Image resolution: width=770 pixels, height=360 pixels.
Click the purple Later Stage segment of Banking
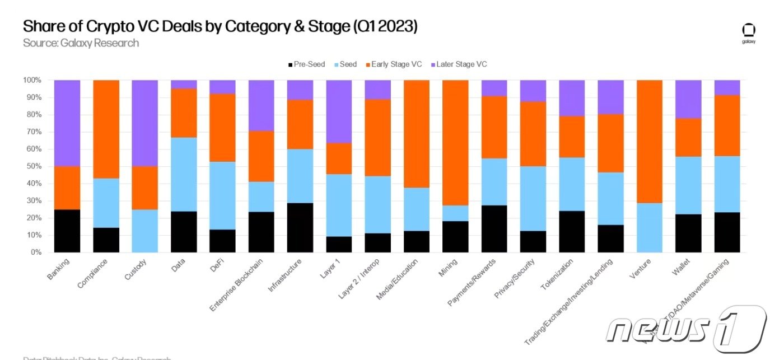(x=67, y=123)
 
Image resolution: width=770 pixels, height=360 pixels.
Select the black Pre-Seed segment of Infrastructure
(x=300, y=227)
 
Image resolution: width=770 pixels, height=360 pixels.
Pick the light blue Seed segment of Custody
(x=144, y=231)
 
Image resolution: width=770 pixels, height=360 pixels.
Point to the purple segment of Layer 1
(x=338, y=111)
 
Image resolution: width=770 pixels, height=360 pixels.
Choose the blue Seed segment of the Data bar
(x=183, y=174)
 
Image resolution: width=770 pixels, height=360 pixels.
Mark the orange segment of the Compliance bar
(x=106, y=129)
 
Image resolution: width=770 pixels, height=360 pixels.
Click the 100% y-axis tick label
(x=31, y=80)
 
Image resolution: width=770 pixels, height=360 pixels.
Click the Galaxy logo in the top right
(x=749, y=33)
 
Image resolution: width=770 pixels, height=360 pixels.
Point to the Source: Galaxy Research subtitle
(x=81, y=43)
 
